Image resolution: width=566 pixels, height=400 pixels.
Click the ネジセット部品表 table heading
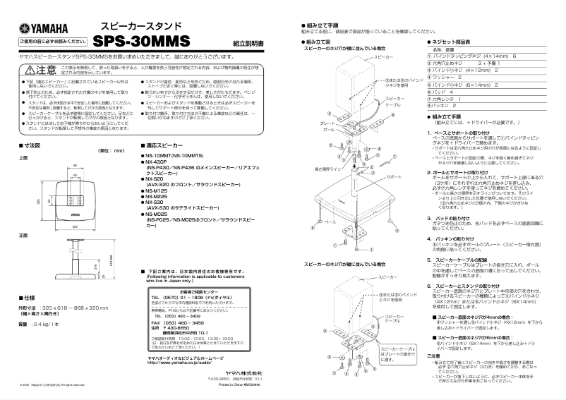[x=454, y=42]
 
